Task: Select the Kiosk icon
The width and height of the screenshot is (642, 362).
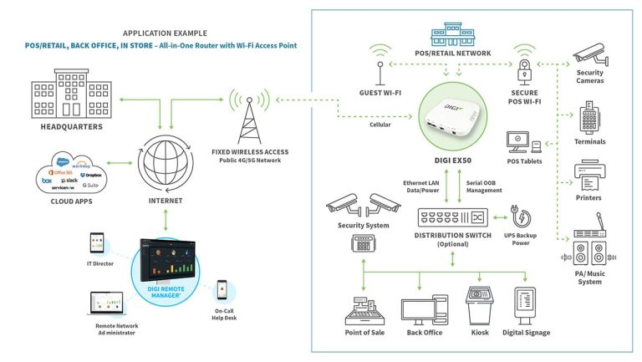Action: [x=480, y=304]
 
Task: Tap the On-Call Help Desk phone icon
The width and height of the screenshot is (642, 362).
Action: [x=222, y=289]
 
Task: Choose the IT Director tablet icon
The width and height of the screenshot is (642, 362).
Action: [x=95, y=244]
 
